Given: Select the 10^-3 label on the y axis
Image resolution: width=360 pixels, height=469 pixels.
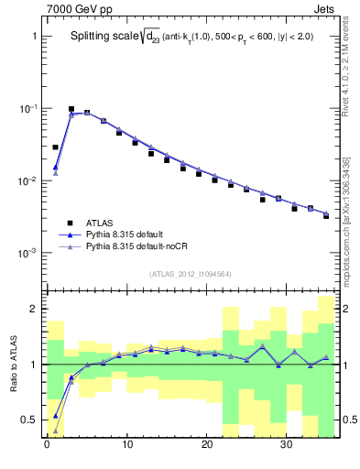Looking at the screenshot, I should tap(25, 253).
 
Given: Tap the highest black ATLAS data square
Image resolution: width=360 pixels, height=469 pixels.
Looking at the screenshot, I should tap(71, 109).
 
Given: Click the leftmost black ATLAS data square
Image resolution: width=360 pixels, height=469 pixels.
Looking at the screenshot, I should tap(55, 147).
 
